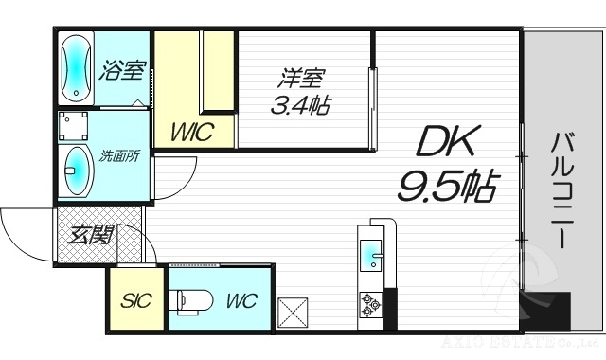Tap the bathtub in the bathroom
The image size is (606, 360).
(76, 68)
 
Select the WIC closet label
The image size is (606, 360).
(191, 132)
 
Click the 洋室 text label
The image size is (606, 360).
(296, 74)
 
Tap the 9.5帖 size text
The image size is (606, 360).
(447, 186)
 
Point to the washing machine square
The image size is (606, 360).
(74, 125)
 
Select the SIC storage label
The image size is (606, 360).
(134, 302)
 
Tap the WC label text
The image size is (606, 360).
(241, 302)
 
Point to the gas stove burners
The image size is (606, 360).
(369, 304)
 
